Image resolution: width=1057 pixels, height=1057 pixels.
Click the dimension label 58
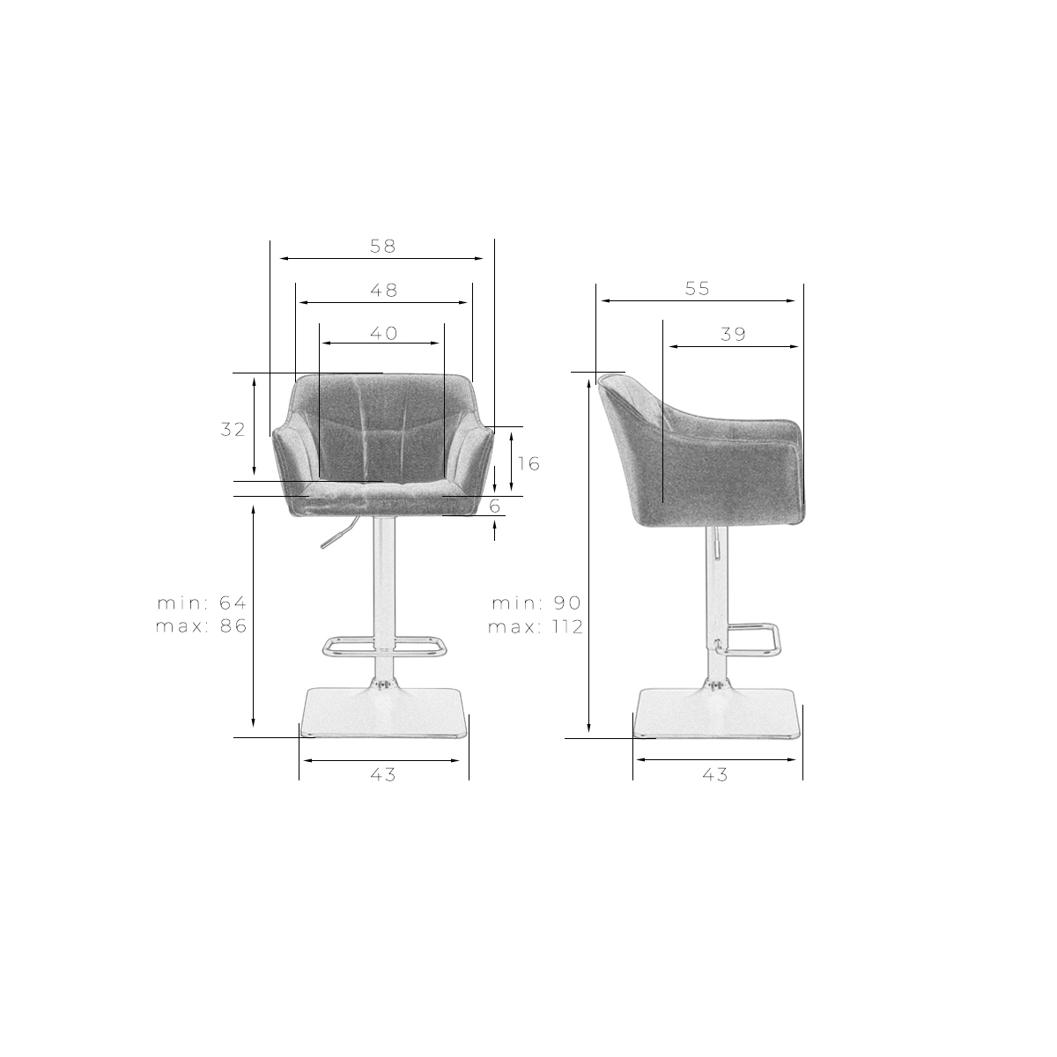coord(382,247)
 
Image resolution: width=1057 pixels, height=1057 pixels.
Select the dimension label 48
coord(383,290)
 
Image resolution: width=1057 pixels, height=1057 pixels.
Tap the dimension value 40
coord(383,333)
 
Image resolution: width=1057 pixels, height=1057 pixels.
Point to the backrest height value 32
coord(233,430)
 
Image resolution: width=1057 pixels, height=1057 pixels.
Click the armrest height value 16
coord(528,463)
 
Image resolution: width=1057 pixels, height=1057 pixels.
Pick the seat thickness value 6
coord(495,506)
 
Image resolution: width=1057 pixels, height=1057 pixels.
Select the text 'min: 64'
coord(202,602)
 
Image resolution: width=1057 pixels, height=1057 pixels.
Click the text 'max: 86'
coord(202,626)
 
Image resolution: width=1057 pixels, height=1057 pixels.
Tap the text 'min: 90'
coord(536,602)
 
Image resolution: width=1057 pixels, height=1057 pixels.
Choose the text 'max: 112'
coord(536,626)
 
